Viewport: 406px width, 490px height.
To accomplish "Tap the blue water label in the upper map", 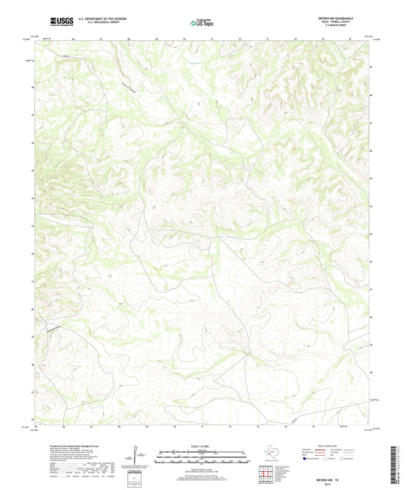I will coord(196,52).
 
